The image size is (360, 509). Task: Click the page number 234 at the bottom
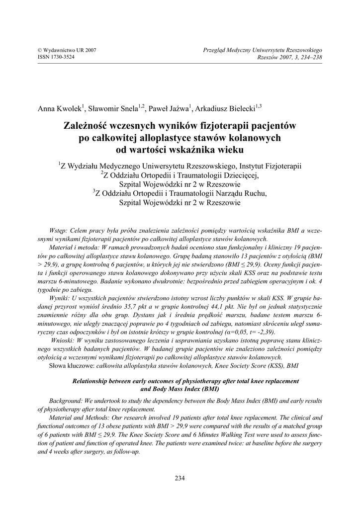click(180, 478)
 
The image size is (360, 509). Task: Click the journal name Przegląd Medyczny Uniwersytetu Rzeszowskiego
click(263, 50)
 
